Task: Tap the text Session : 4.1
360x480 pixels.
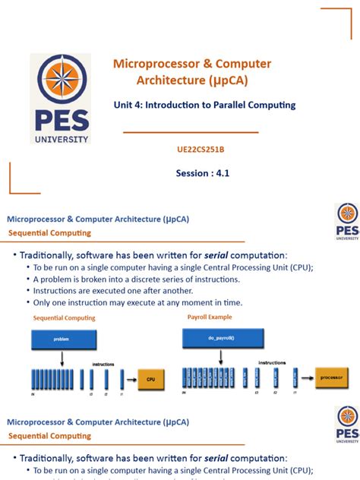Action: coord(202,173)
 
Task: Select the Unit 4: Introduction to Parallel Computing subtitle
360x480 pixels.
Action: coord(204,105)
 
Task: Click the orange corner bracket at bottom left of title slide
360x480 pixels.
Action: coord(19,179)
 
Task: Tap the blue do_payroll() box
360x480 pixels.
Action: coord(223,336)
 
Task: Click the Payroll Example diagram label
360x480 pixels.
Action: coord(210,317)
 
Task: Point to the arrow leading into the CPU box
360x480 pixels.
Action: coord(129,377)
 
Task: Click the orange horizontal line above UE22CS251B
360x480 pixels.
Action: coord(191,132)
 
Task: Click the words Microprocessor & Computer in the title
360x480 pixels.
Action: coord(192,64)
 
